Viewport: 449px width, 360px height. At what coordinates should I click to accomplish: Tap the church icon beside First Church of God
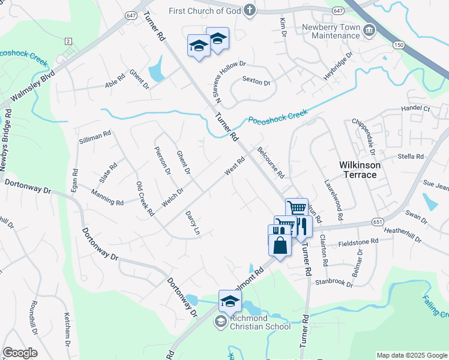point(250,10)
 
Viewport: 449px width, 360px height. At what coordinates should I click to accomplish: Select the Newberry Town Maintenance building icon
point(369,30)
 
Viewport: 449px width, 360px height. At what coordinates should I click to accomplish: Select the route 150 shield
point(398,44)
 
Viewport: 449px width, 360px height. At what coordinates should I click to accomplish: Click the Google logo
point(20,353)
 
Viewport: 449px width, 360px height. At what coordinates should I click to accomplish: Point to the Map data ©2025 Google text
point(411,355)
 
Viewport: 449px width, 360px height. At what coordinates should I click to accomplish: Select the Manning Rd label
point(107,197)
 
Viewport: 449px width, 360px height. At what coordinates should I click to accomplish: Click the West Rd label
point(235,166)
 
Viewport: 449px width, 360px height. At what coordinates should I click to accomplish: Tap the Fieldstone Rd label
point(358,241)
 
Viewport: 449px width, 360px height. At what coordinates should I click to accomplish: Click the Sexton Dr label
point(257,80)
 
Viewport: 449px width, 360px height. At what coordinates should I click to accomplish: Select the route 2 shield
point(68,41)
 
